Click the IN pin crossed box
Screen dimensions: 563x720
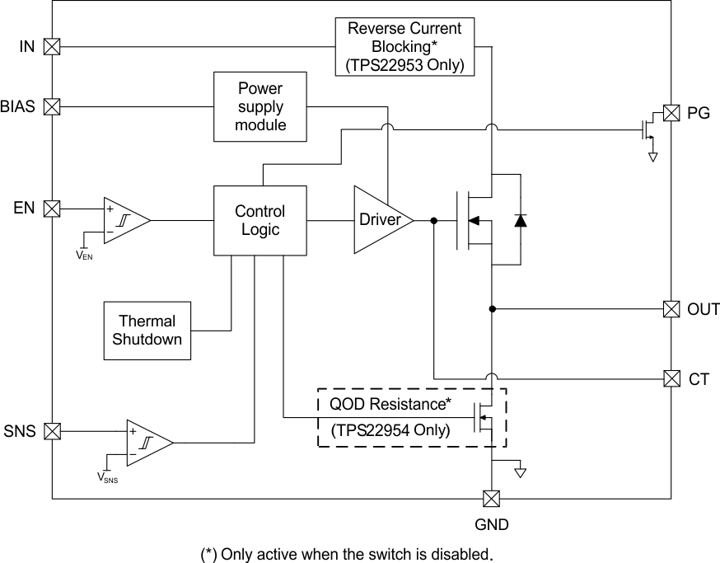click(x=52, y=47)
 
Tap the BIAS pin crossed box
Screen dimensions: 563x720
click(x=52, y=106)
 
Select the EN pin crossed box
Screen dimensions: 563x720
click(x=52, y=209)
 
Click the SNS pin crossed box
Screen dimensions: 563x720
click(x=52, y=430)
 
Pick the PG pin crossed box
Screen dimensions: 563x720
click(x=671, y=113)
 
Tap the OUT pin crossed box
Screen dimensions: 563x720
click(x=671, y=309)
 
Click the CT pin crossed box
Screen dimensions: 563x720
click(x=671, y=378)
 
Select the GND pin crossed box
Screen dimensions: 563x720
click(x=492, y=498)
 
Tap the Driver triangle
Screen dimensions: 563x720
click(x=379, y=220)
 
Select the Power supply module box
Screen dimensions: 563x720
click(x=260, y=106)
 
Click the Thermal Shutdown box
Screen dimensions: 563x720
click(x=147, y=331)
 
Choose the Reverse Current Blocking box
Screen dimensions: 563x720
click(x=404, y=47)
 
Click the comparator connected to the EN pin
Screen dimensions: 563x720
click(x=124, y=220)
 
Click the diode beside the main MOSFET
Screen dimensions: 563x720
click(x=520, y=220)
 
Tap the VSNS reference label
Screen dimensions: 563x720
click(x=108, y=477)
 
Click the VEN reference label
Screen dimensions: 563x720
click(x=85, y=255)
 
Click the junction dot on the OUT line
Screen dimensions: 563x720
click(x=492, y=309)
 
